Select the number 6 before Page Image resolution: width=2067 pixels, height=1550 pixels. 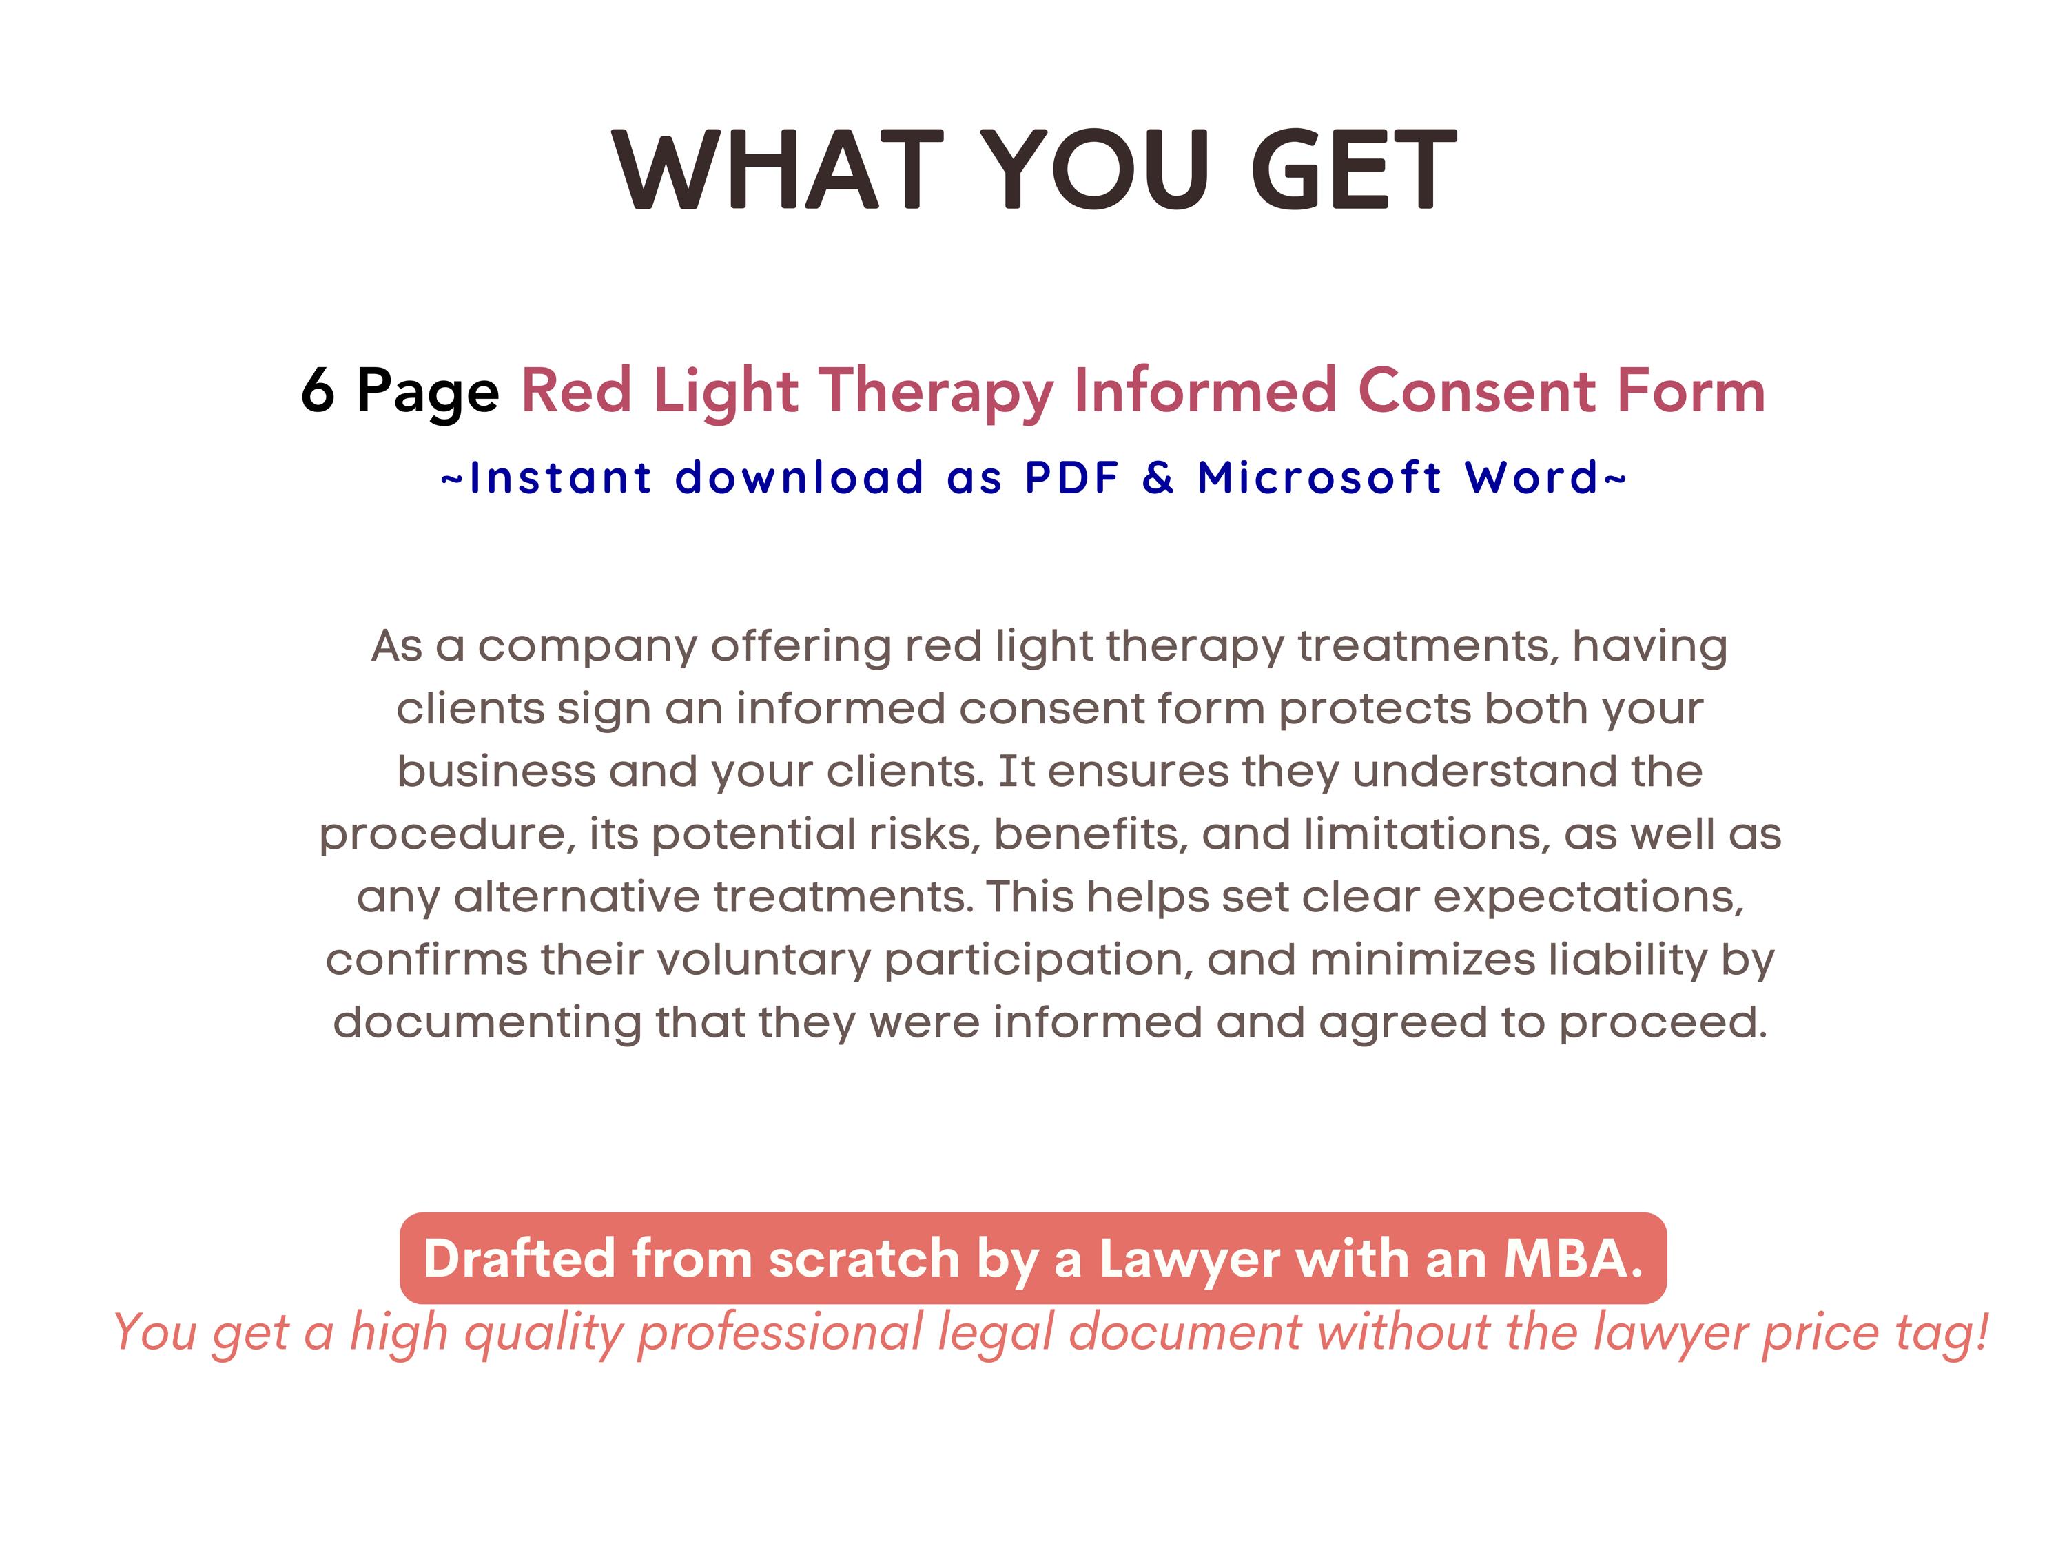[x=318, y=390]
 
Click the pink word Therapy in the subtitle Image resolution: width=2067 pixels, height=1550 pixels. [x=936, y=391]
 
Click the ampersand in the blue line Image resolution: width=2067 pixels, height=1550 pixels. [x=1158, y=477]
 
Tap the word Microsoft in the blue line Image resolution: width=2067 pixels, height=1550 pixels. [x=1319, y=477]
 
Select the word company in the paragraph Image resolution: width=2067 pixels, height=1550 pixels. [x=588, y=648]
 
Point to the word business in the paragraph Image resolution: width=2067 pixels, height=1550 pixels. [x=495, y=772]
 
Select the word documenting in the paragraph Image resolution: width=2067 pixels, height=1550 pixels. [x=487, y=1022]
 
